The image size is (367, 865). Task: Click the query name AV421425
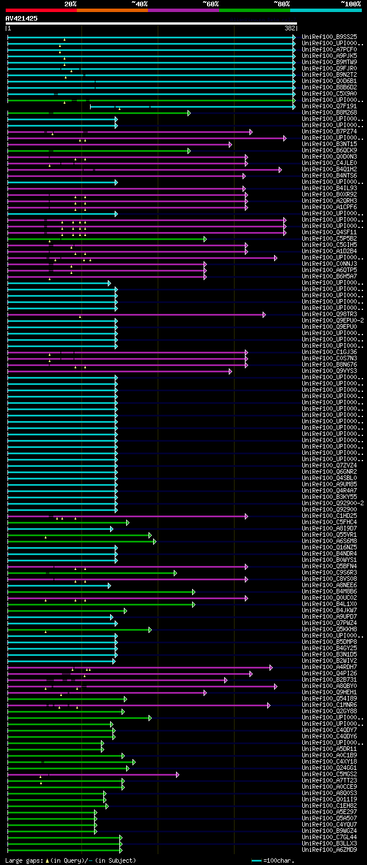click(22, 18)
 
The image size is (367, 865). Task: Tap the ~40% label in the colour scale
click(139, 3)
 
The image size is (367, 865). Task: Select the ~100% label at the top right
click(350, 3)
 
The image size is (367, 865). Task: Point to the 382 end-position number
click(290, 27)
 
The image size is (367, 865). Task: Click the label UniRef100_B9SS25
click(329, 37)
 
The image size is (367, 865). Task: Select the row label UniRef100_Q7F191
click(329, 107)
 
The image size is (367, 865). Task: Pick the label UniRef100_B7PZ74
click(329, 132)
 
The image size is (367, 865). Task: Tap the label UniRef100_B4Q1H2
click(329, 170)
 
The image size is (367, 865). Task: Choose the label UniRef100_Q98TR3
click(329, 314)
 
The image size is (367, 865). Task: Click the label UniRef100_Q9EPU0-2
click(333, 321)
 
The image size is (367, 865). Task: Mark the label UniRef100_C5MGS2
click(329, 774)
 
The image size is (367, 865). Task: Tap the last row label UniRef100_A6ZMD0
click(329, 850)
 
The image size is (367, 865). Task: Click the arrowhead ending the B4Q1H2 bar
click(280, 170)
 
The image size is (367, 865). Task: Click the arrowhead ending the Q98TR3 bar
click(264, 314)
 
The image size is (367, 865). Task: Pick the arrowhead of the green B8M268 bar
click(189, 113)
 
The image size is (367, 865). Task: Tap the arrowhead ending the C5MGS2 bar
click(177, 774)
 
